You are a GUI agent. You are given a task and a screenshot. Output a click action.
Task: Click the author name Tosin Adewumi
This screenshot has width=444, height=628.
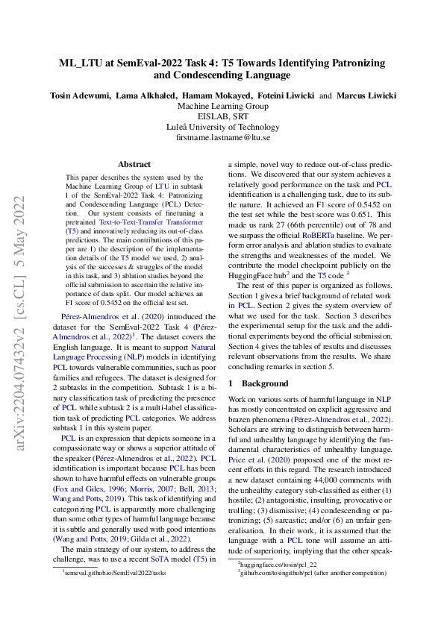(81, 95)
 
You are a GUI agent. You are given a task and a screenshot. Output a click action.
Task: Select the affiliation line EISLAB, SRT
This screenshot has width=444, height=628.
(222, 117)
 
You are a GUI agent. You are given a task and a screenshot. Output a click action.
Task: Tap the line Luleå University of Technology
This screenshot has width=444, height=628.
(222, 128)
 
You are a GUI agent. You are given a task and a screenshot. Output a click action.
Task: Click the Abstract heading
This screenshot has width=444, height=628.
(136, 164)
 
